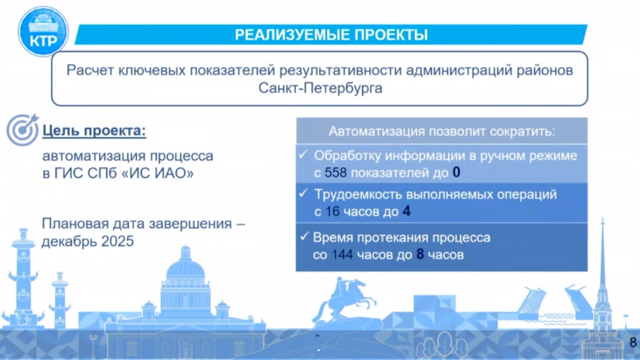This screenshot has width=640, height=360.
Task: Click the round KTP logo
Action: click(x=43, y=32)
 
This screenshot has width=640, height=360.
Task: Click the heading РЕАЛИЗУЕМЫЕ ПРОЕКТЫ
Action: click(x=331, y=35)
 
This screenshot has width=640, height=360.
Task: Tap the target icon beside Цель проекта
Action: click(x=23, y=129)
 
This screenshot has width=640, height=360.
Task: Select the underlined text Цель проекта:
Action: click(x=94, y=131)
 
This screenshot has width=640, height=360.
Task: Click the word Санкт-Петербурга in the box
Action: click(x=321, y=88)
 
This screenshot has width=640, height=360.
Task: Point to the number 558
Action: click(x=336, y=173)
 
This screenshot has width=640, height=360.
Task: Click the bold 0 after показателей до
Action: click(x=456, y=173)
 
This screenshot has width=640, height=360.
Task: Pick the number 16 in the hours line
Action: click(x=333, y=211)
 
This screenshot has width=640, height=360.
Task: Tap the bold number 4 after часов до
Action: click(x=407, y=211)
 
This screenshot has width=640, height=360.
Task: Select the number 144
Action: click(x=342, y=255)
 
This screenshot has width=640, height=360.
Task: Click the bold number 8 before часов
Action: click(x=420, y=254)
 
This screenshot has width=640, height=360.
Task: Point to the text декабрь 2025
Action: click(x=88, y=241)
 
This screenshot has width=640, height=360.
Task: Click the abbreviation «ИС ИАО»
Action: click(x=158, y=173)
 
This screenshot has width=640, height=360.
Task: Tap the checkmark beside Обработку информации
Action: click(x=303, y=154)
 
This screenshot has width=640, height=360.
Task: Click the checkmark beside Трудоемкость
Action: click(x=303, y=193)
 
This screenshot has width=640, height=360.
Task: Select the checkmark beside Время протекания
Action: click(x=304, y=237)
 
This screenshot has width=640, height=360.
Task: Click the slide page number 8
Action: click(x=633, y=342)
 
